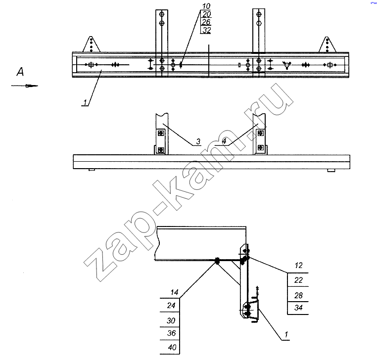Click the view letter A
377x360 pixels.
tap(20, 72)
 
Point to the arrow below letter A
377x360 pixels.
tap(25, 86)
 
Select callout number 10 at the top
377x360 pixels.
tap(206, 6)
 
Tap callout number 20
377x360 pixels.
tap(206, 14)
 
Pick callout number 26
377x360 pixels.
tap(206, 22)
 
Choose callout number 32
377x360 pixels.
tap(206, 30)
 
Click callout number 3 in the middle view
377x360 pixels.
tap(198, 141)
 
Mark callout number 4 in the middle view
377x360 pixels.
tap(224, 141)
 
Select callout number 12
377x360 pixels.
tap(298, 266)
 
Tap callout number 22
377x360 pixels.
tap(298, 280)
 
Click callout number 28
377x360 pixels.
tap(298, 295)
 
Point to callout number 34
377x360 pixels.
tap(298, 308)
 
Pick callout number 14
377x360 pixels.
tap(174, 292)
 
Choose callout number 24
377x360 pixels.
tap(171, 306)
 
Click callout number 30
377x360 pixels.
tap(171, 320)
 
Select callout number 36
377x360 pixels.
tap(171, 333)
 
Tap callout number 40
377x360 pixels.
tap(172, 347)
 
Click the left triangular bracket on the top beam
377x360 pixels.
tap(91, 44)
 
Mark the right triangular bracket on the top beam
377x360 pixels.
tap(327, 45)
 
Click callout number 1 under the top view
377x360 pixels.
tap(85, 103)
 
